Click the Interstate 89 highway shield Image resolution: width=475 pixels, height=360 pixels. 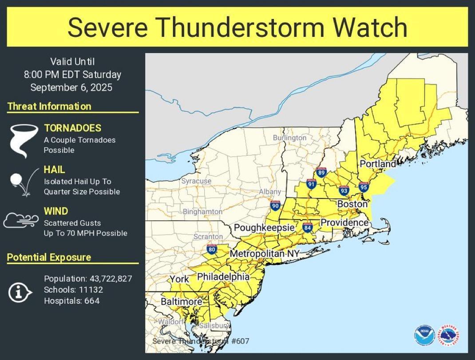(x=321, y=172)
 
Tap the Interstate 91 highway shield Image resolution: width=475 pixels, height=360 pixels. (x=311, y=184)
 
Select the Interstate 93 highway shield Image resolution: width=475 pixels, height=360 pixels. (x=344, y=190)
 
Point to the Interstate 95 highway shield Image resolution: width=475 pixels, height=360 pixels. (x=364, y=186)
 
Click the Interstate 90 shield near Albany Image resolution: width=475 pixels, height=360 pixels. (x=275, y=205)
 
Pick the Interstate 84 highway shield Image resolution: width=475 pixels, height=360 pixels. (x=307, y=228)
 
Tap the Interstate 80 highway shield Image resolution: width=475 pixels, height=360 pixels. (x=212, y=249)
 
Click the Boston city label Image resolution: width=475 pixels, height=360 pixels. (x=352, y=204)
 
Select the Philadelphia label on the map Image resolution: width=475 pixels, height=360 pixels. (x=223, y=277)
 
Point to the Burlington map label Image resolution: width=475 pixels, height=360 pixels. (x=289, y=138)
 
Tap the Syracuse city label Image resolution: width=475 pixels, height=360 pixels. (x=196, y=181)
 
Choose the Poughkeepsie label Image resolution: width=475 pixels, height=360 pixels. (x=264, y=228)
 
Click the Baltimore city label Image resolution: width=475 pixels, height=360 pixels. (x=181, y=302)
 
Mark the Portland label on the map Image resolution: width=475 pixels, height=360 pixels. (x=377, y=164)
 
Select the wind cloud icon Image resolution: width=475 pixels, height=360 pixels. (x=21, y=220)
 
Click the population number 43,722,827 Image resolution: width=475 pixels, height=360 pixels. (x=111, y=279)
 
